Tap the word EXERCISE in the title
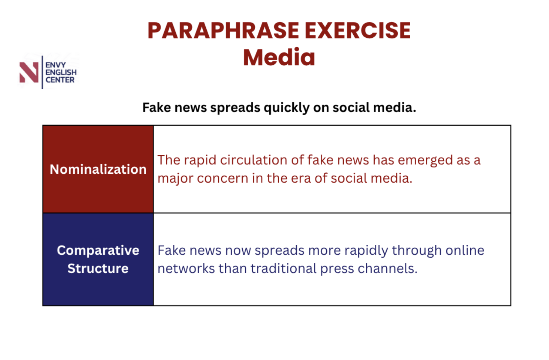tap(358, 31)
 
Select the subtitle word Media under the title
tap(279, 57)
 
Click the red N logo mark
tap(29, 72)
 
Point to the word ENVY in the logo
tap(55, 65)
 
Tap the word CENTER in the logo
tap(60, 80)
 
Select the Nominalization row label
tap(98, 169)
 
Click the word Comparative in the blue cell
tap(98, 251)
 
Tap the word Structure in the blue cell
tap(98, 269)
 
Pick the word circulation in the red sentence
tap(254, 160)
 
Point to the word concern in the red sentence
tap(223, 179)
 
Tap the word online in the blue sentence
tap(465, 251)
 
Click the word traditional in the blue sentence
tap(284, 269)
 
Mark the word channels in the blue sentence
tap(387, 269)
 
